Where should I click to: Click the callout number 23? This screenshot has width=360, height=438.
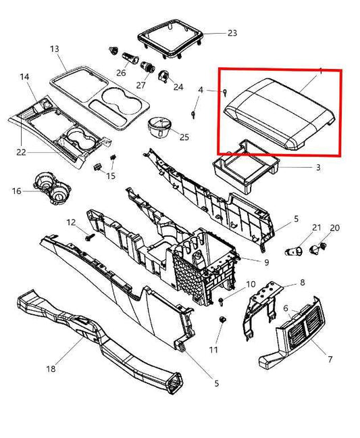click(213, 32)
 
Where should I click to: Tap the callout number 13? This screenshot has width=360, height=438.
click(55, 49)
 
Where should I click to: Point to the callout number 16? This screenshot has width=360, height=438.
click(17, 191)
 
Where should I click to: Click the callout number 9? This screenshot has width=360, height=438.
click(266, 262)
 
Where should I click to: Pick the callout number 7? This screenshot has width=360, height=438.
click(329, 359)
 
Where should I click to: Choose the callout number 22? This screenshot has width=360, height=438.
click(22, 152)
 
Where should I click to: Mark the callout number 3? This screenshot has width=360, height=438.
click(317, 167)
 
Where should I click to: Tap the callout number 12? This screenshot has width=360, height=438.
click(71, 222)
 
